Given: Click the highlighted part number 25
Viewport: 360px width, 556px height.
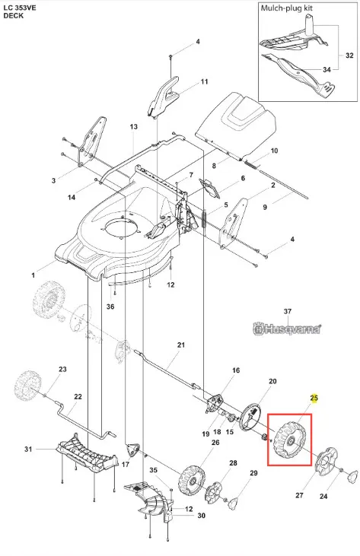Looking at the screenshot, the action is [314, 399].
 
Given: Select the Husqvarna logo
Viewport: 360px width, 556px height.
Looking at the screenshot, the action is [287, 329].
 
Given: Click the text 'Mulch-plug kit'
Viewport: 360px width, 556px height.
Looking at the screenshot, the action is [287, 8].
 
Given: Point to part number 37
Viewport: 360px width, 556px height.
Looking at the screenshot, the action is [288, 311].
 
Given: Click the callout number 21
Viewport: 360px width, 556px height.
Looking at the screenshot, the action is [181, 345].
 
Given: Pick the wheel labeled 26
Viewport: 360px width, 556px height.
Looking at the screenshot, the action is [193, 481].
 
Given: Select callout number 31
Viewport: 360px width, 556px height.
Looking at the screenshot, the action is [28, 449].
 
